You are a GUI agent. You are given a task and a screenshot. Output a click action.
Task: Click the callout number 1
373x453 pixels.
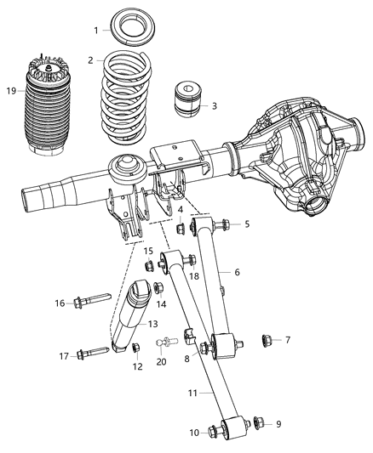point(96,31)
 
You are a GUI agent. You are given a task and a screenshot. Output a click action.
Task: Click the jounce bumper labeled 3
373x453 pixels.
point(188,99)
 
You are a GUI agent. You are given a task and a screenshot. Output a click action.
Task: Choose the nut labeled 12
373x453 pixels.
point(135,347)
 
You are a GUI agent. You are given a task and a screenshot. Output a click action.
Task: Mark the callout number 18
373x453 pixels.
point(193,276)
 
